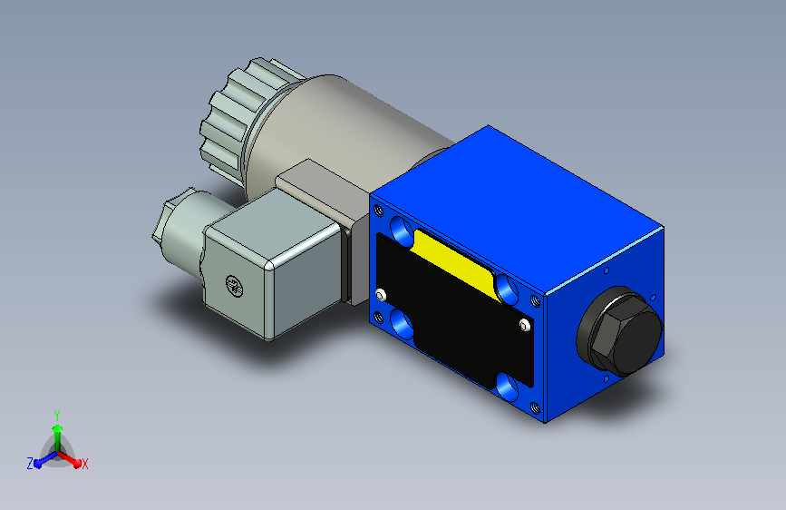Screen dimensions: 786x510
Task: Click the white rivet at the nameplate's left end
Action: (x=381, y=294)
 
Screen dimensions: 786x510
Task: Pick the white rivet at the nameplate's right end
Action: (x=524, y=325)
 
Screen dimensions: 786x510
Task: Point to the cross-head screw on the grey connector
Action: (x=234, y=286)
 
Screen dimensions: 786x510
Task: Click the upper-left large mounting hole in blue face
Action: (x=402, y=230)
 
